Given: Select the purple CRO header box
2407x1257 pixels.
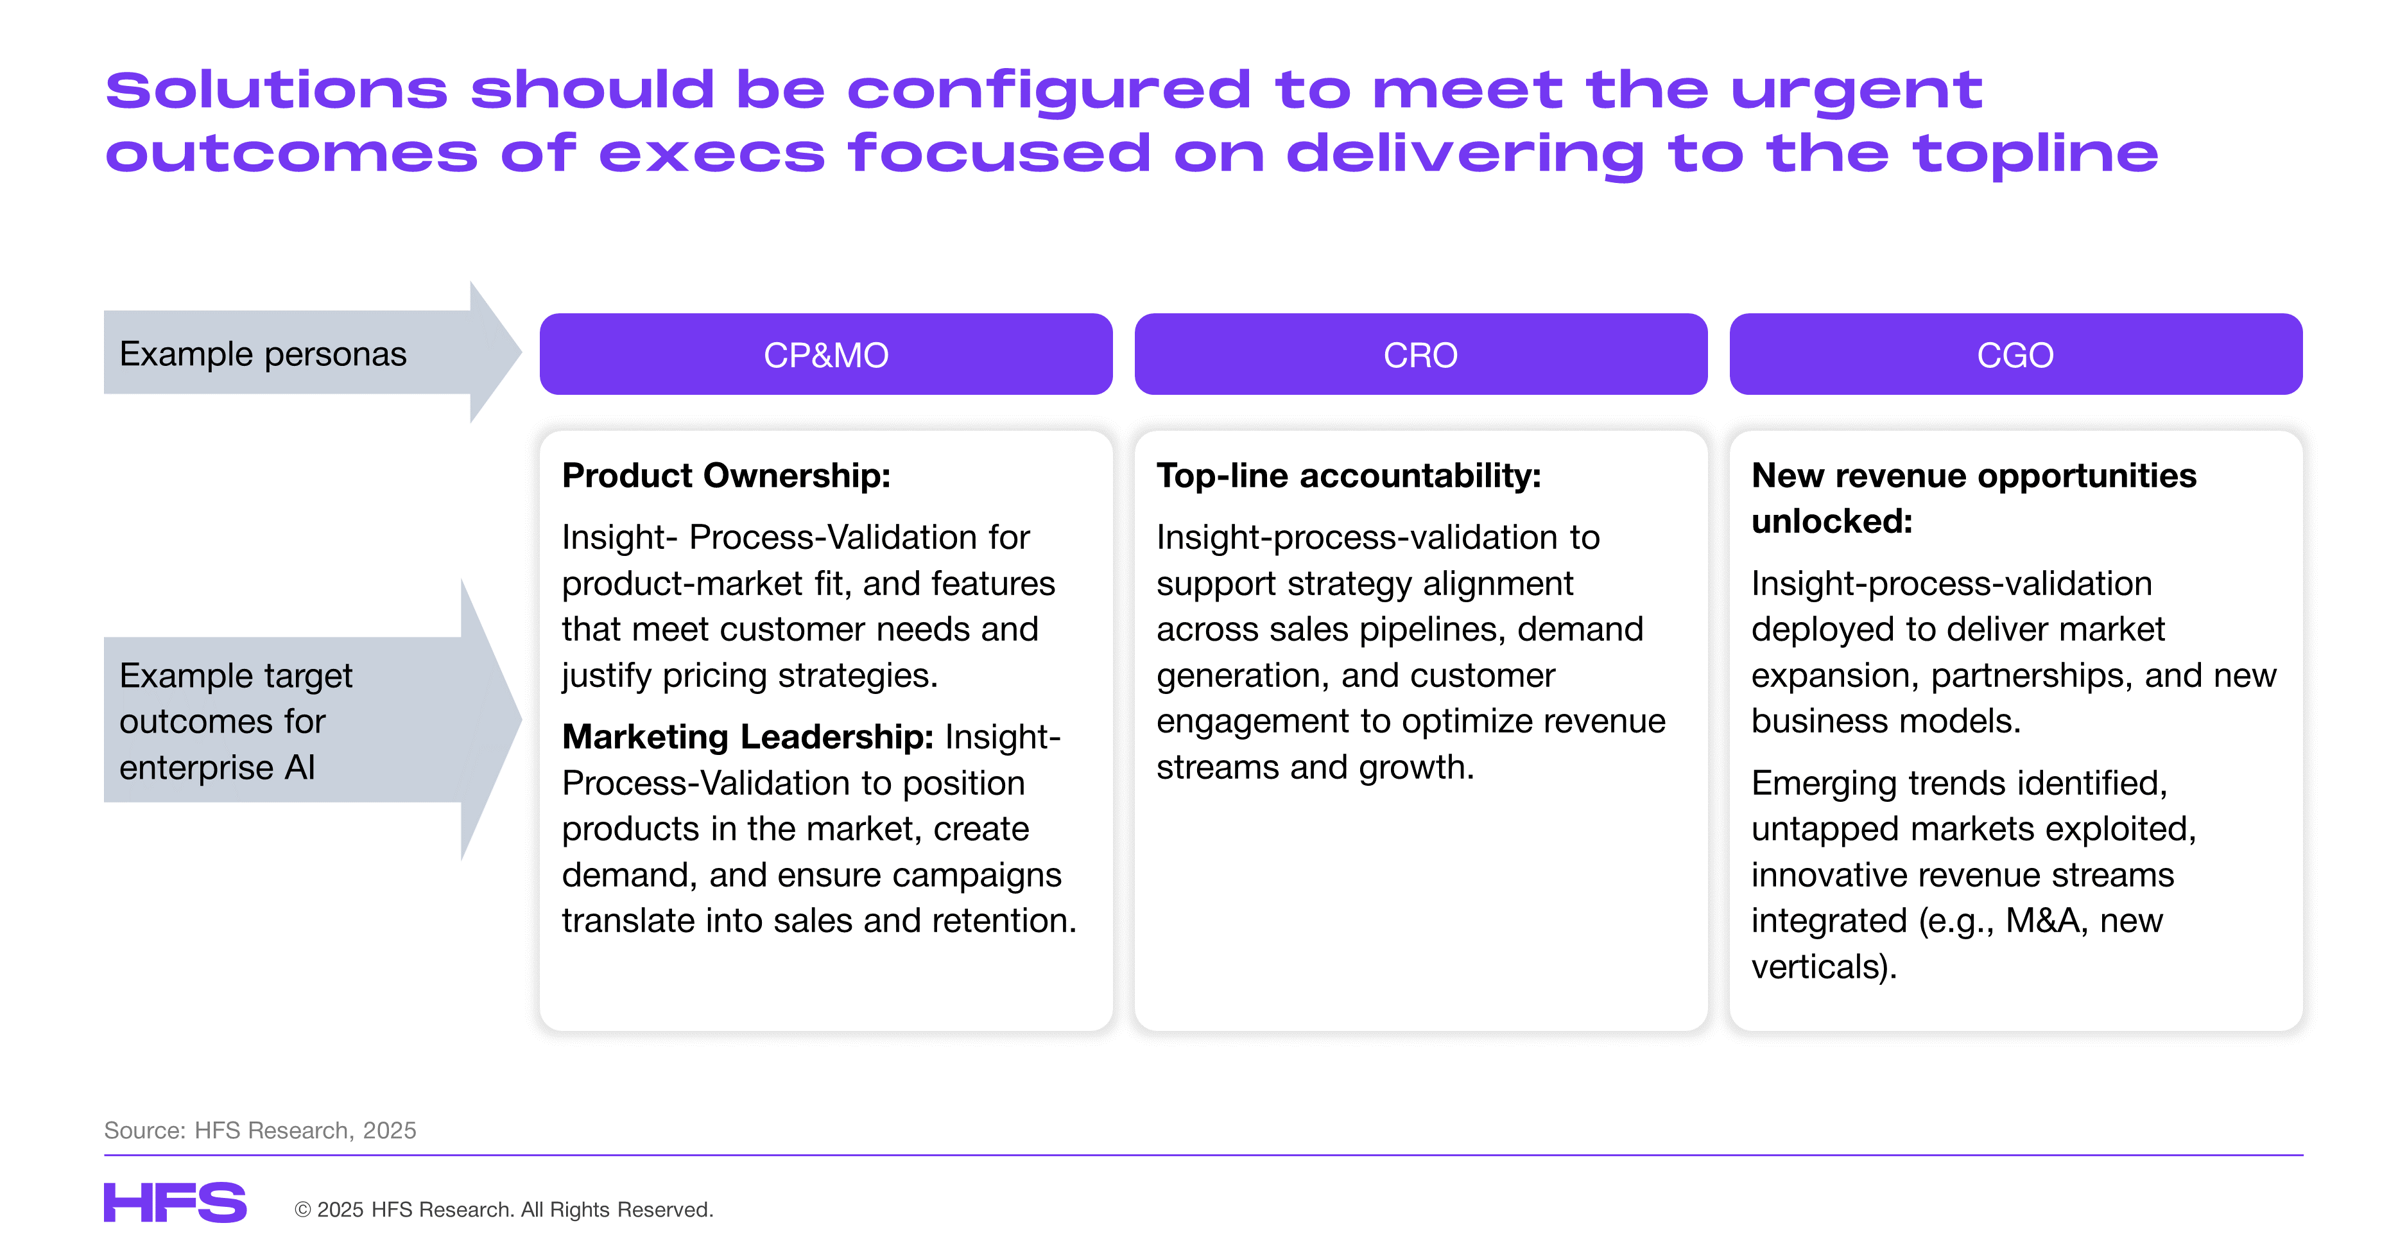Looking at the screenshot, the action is (1420, 354).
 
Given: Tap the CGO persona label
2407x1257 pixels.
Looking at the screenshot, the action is (2015, 355).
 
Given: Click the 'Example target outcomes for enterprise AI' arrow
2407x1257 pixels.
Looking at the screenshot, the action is (311, 720).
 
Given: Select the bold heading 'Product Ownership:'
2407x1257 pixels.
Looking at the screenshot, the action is (726, 476).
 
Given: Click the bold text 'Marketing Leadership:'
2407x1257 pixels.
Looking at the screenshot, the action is (748, 736).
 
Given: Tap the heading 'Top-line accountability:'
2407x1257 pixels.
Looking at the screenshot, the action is (1349, 476).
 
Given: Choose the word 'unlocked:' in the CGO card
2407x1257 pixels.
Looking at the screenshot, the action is (1831, 521).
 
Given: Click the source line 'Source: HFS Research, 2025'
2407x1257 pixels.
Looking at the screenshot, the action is (260, 1130).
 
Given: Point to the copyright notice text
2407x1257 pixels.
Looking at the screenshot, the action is (504, 1209).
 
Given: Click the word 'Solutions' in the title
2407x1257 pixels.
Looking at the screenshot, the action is (277, 91).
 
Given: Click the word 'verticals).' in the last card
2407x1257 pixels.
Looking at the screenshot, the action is (1824, 966).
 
